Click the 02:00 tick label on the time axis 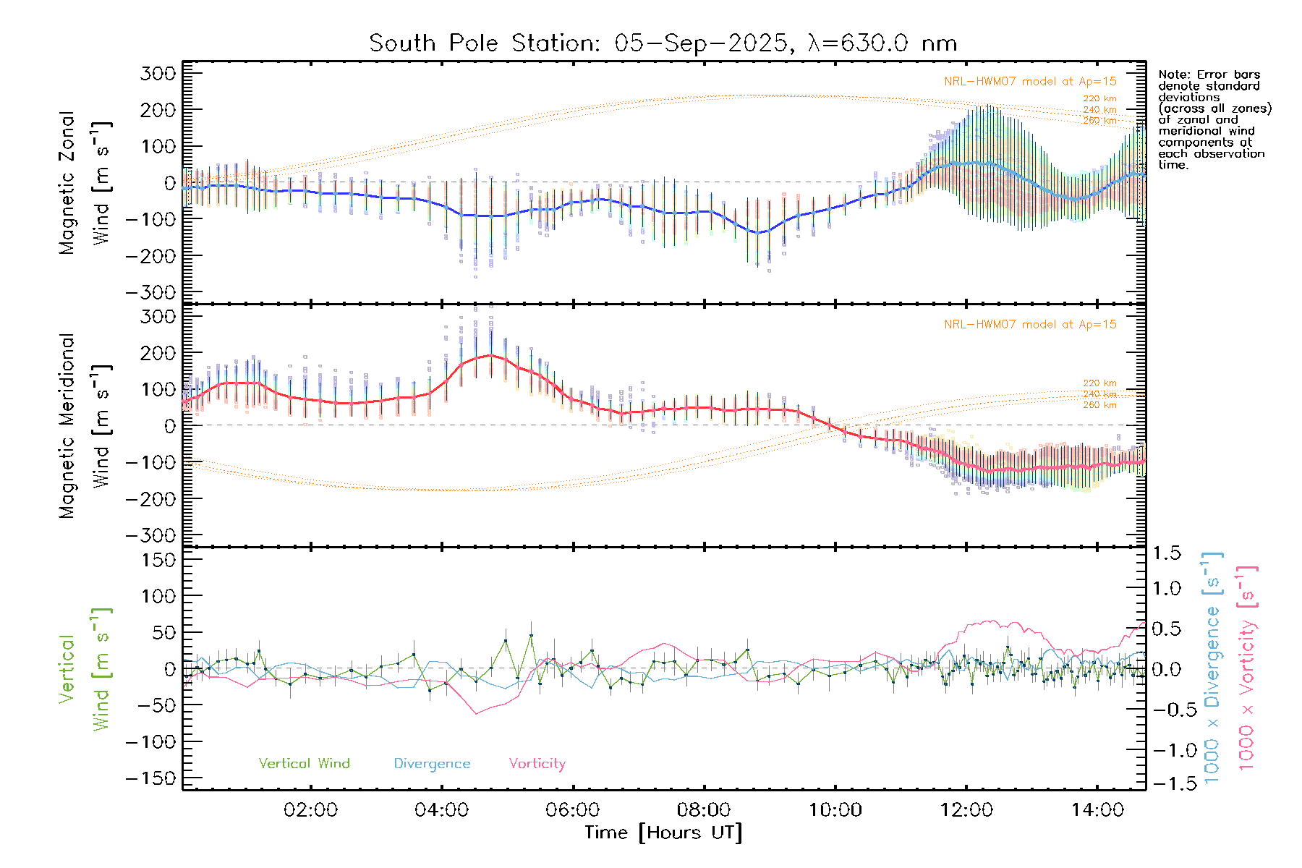310,810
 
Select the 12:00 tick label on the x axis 966,810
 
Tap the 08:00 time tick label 704,810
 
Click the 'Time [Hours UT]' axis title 663,833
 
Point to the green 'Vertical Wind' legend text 304,764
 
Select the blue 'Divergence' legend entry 432,764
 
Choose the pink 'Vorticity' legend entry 537,764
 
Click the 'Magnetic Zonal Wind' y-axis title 85,182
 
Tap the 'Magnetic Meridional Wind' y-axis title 85,425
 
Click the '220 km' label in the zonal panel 1099,98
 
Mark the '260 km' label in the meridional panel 1099,405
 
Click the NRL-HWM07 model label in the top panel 1030,82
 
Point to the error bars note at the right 1214,119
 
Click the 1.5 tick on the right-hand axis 1167,553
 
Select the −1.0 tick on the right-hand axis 1167,750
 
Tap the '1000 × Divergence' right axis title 1212,668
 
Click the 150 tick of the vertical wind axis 158,560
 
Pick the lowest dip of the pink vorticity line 476,714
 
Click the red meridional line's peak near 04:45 491,355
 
